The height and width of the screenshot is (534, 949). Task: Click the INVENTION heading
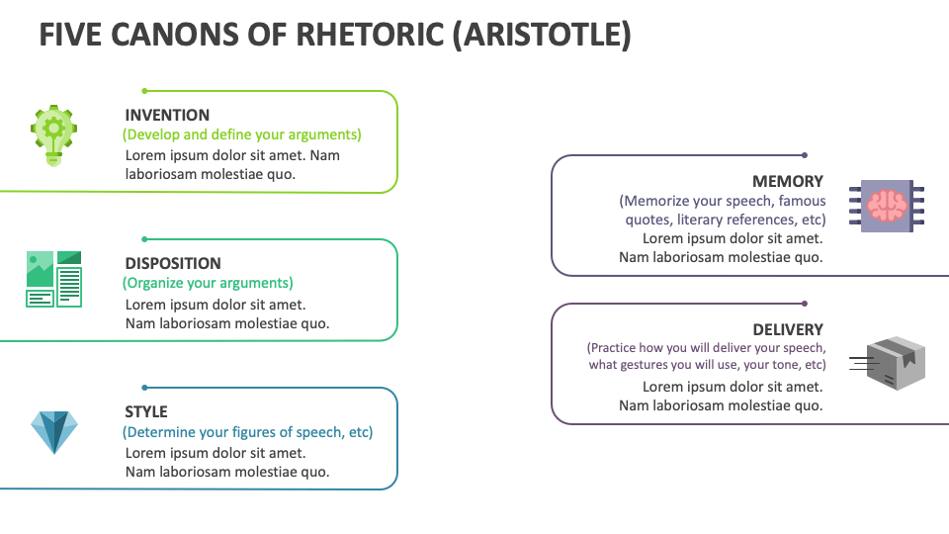pyautogui.click(x=167, y=115)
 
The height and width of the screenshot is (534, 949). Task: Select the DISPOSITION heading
pyautogui.click(x=173, y=263)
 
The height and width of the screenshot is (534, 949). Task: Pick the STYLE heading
pyautogui.click(x=146, y=411)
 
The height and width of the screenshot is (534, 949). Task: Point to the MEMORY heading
pyautogui.click(x=788, y=181)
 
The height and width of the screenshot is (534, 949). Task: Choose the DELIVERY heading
pyautogui.click(x=788, y=329)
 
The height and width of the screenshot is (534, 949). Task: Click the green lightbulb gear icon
pyautogui.click(x=53, y=135)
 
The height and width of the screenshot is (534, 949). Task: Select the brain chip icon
pyautogui.click(x=887, y=206)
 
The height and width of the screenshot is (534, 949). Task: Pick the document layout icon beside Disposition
pyautogui.click(x=53, y=279)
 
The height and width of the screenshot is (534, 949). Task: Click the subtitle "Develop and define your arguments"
pyautogui.click(x=242, y=134)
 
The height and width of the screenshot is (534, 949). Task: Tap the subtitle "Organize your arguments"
pyautogui.click(x=208, y=283)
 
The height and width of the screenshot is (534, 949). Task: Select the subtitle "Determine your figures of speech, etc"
pyautogui.click(x=247, y=432)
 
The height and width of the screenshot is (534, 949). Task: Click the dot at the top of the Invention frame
pyautogui.click(x=144, y=91)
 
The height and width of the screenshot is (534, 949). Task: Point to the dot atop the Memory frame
pyautogui.click(x=805, y=155)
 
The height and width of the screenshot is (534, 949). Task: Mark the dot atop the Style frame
pyautogui.click(x=144, y=388)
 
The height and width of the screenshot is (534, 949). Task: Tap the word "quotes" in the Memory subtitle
pyautogui.click(x=647, y=220)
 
